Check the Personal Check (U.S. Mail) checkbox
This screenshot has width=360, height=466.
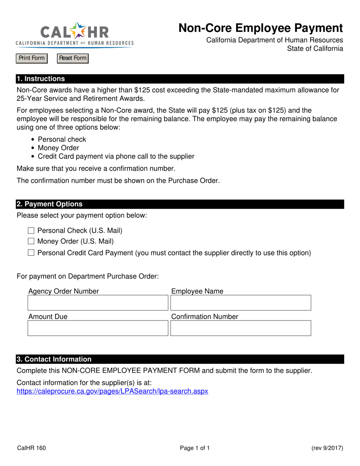31,231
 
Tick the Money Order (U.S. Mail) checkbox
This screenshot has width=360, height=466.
31,241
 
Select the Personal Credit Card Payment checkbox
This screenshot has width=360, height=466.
31,253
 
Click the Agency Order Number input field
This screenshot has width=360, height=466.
98,303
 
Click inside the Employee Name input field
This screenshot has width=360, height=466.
241,303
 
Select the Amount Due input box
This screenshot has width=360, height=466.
98,328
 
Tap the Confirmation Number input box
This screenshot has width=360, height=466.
241,328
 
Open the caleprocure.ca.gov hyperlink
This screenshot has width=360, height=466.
113,391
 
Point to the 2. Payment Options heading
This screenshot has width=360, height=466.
49,204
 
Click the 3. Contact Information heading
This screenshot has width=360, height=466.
54,359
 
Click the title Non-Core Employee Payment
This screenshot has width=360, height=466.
261,28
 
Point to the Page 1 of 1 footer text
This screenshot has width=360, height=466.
195,448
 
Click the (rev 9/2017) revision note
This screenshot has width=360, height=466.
327,448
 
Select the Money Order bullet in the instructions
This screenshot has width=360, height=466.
58,148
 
